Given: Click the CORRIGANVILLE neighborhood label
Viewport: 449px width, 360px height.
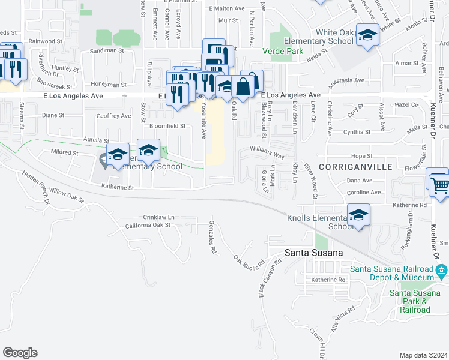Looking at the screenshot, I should tap(356, 166).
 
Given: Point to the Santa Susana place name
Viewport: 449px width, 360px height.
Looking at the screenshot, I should tap(313, 253).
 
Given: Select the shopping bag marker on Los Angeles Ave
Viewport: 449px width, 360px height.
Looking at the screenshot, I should tap(243, 88).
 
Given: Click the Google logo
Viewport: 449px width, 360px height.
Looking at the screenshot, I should tap(20, 353).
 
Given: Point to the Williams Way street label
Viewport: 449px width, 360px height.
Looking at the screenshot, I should tap(268, 154).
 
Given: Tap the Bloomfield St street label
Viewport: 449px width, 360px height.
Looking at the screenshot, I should tap(167, 126).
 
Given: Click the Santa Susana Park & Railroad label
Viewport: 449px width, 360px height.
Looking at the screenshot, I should tap(410, 301).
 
